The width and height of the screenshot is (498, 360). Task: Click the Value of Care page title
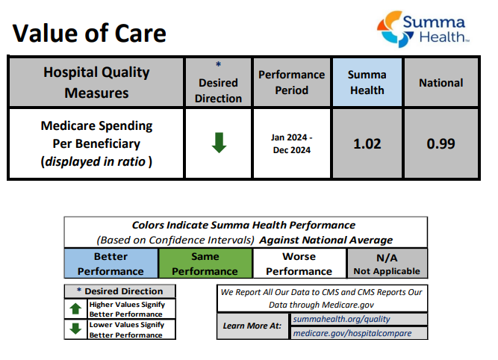click(x=89, y=33)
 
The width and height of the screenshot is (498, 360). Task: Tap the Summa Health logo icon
click(x=390, y=28)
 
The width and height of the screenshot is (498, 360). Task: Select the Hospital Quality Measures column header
click(x=96, y=82)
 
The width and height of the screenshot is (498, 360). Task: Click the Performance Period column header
click(x=291, y=82)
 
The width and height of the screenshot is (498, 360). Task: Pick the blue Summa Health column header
click(x=367, y=82)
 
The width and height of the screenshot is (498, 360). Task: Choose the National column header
click(x=441, y=83)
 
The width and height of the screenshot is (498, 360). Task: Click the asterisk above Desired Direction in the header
click(x=218, y=65)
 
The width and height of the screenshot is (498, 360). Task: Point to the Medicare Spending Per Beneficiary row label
click(x=96, y=143)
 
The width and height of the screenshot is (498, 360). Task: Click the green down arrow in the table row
click(x=218, y=143)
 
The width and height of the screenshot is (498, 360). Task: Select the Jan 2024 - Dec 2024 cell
click(x=291, y=143)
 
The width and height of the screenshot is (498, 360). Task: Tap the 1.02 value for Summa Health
click(x=367, y=143)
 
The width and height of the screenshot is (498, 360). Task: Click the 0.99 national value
click(x=441, y=143)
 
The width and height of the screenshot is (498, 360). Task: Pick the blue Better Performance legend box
click(x=111, y=264)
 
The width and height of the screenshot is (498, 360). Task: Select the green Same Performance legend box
click(x=205, y=264)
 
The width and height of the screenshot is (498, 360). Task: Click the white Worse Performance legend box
click(x=299, y=264)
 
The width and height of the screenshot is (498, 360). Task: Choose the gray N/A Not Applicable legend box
click(x=387, y=264)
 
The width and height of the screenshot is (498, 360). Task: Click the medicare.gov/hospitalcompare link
click(x=351, y=333)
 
